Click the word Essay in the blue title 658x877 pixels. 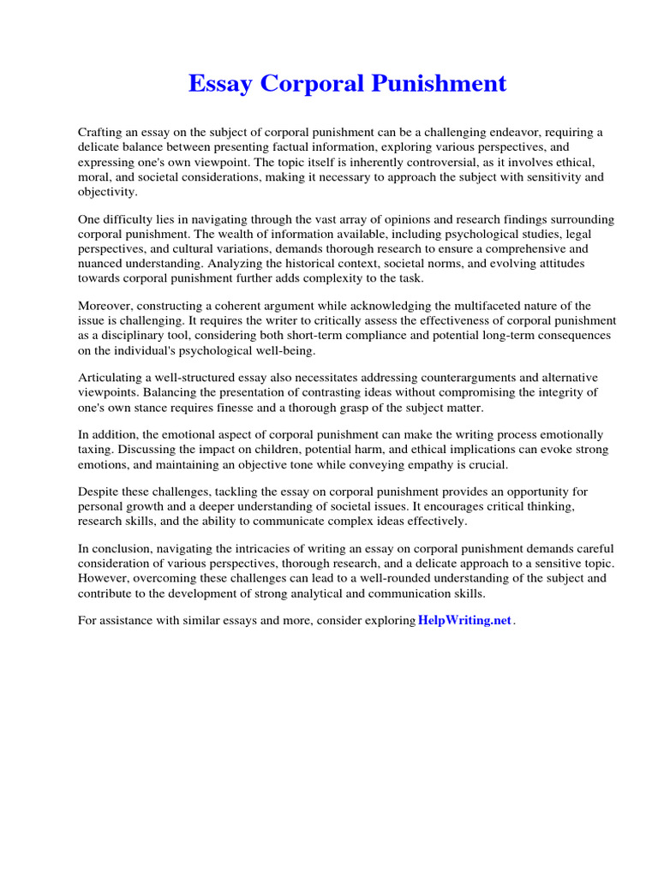click(221, 84)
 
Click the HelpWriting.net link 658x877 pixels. click(464, 621)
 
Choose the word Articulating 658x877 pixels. click(112, 378)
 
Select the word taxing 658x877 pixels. click(95, 450)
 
